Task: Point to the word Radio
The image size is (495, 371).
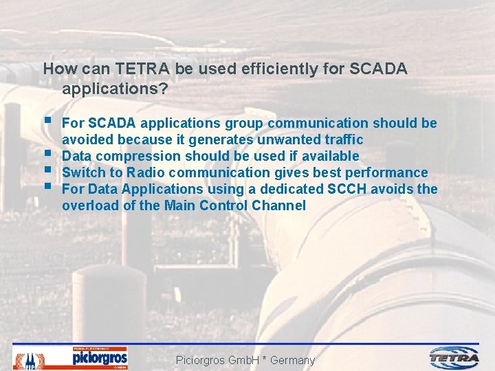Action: click(142, 172)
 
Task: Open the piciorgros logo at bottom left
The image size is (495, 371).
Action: click(100, 357)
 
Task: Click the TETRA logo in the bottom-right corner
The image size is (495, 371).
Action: click(454, 358)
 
